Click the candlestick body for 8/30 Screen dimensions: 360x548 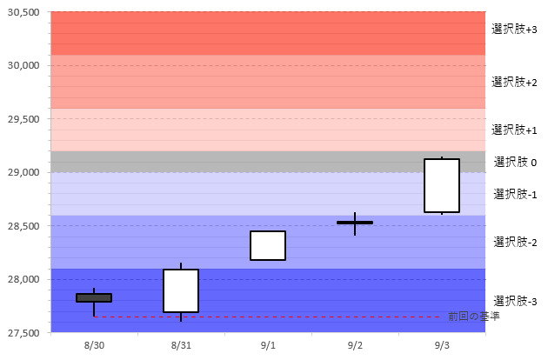pos(94,297)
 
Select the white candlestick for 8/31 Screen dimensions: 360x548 pos(181,290)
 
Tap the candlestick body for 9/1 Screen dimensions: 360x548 pos(268,245)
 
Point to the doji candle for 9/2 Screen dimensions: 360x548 pos(355,223)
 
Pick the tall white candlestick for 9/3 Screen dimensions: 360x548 pos(442,185)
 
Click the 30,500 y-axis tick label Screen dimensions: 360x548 pos(23,12)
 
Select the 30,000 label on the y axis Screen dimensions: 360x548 pos(23,65)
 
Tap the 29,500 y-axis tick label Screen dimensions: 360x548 pos(23,119)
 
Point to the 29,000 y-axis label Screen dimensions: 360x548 pos(23,172)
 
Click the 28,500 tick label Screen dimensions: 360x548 pos(23,226)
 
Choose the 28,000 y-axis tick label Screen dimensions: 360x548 pos(23,279)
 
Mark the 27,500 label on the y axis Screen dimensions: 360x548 pos(23,332)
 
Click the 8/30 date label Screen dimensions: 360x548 pos(94,346)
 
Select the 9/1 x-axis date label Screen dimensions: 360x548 pos(268,346)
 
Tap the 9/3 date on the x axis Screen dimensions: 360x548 pos(442,346)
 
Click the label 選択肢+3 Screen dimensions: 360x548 pos(514,30)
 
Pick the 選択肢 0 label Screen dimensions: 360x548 pos(515,162)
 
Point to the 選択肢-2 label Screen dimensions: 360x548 pos(514,242)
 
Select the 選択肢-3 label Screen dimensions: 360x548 pos(514,301)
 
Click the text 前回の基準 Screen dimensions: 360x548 pos(474,317)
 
